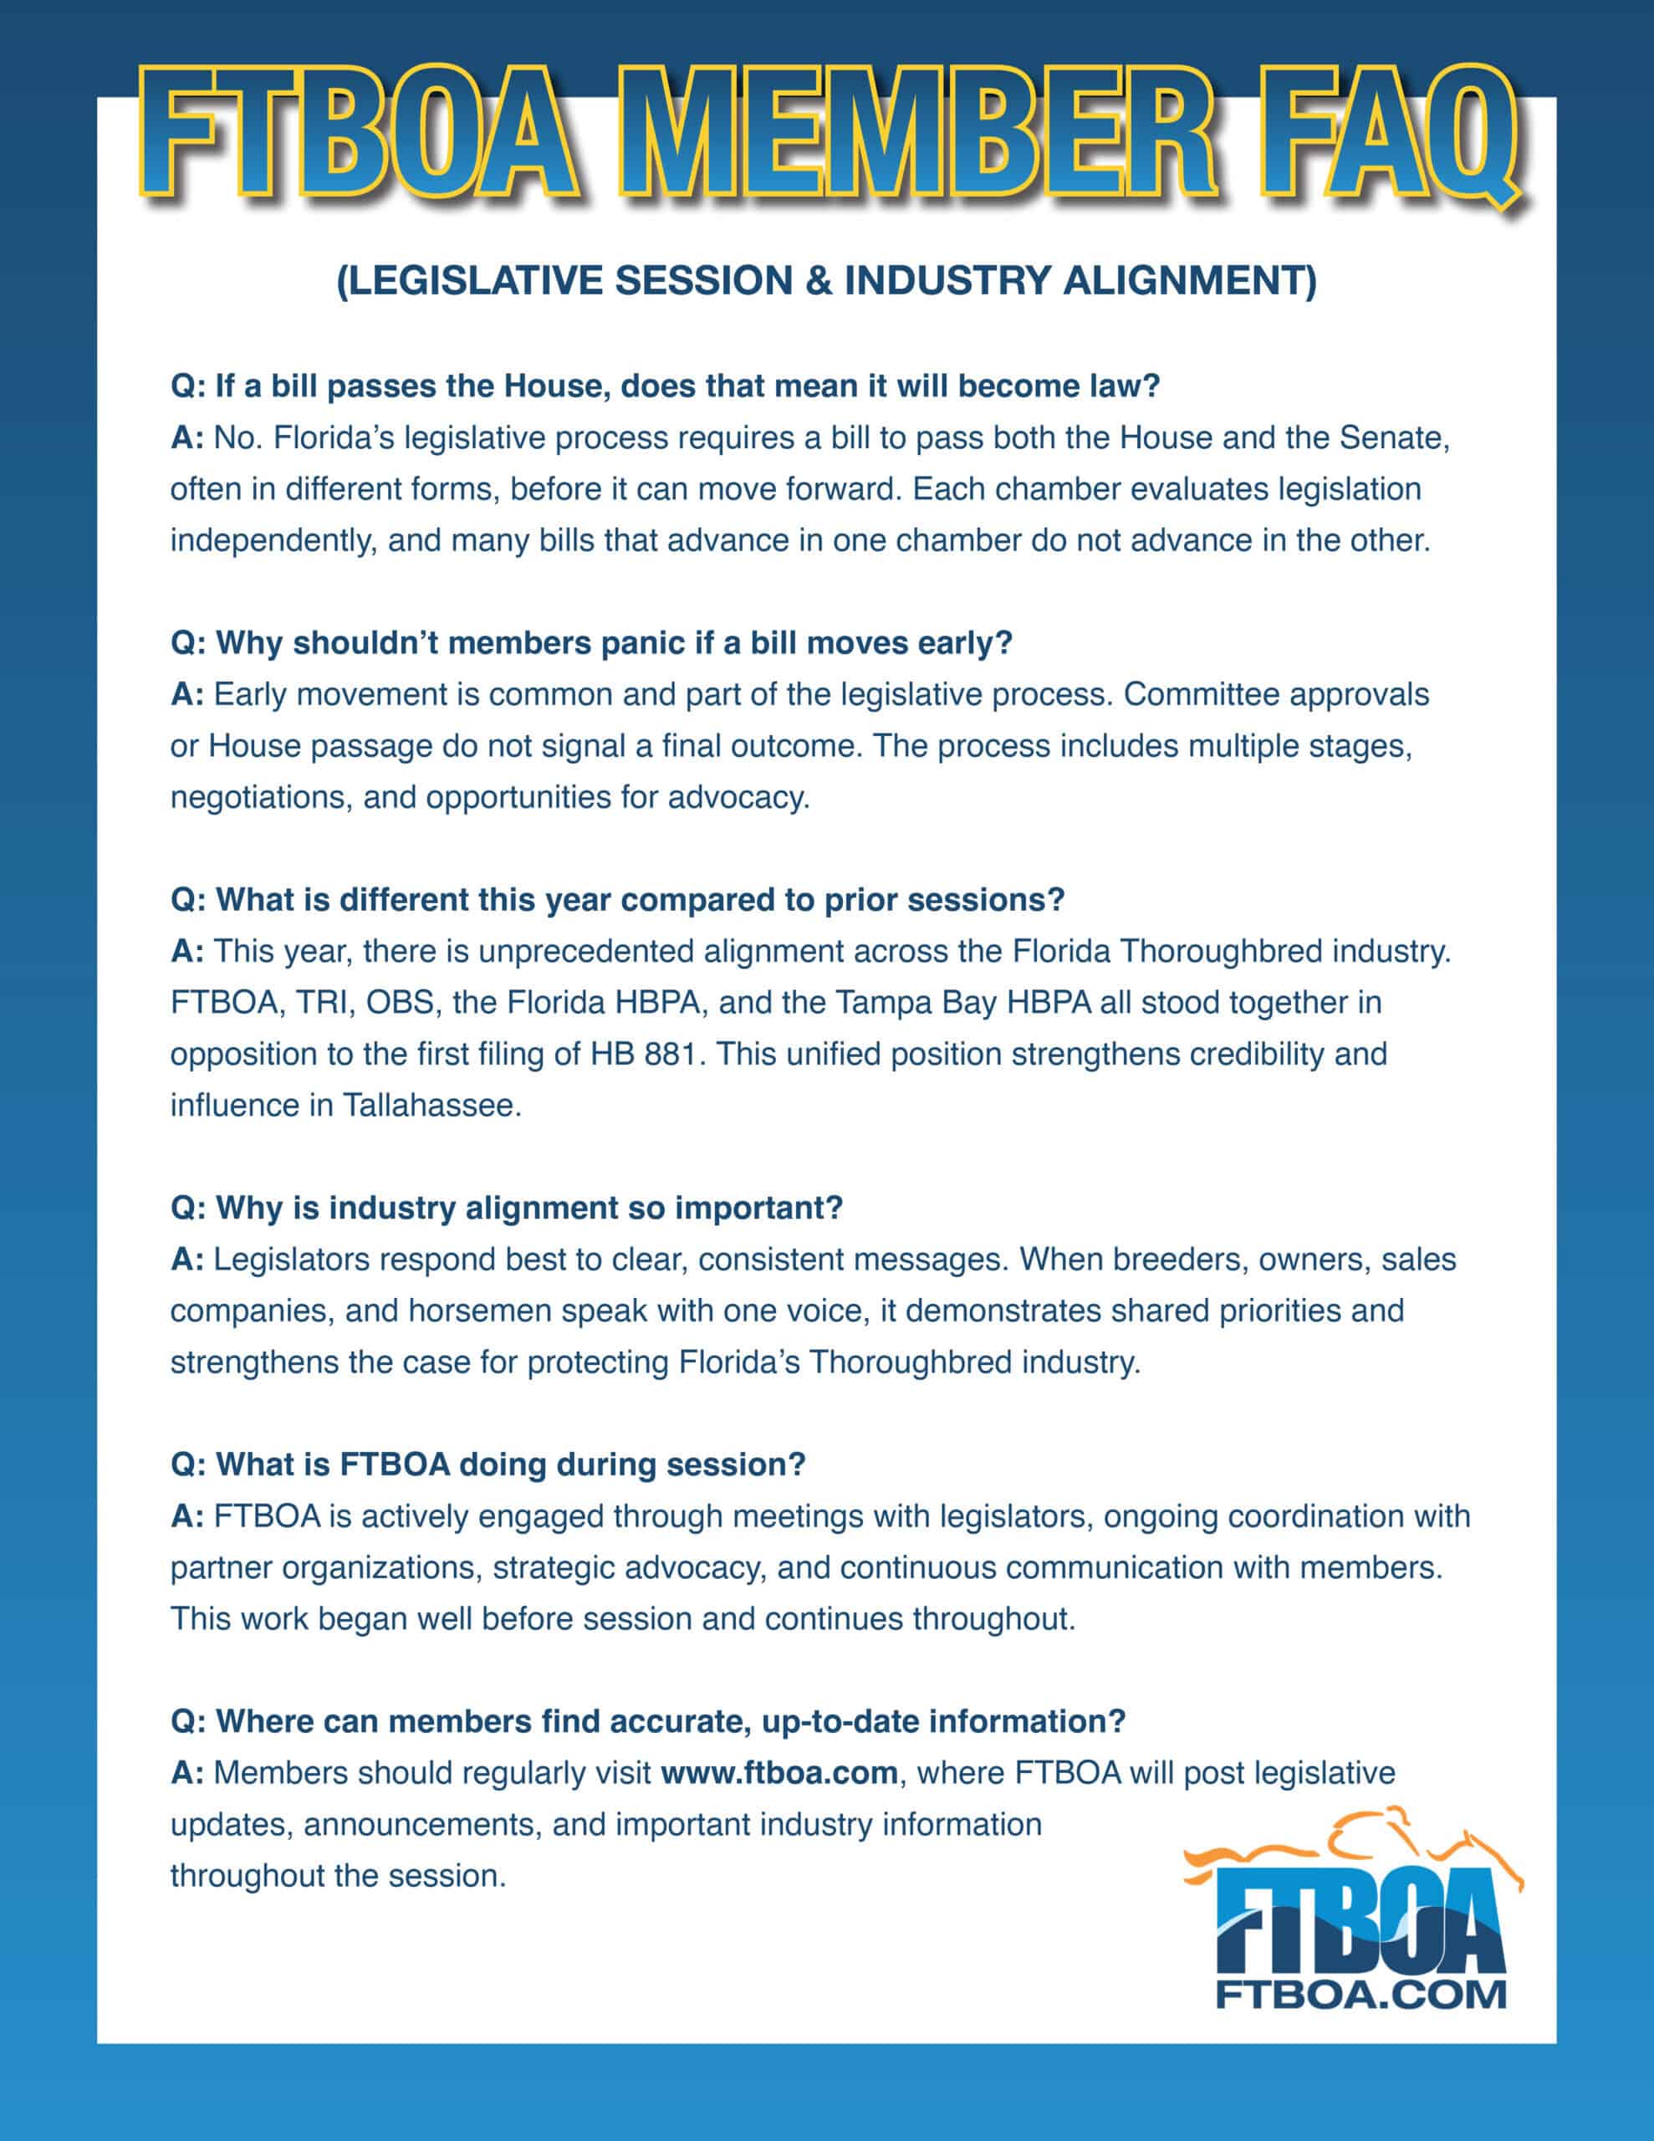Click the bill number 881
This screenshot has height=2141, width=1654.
tap(675, 1054)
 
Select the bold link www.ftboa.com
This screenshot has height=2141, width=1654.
tap(779, 1773)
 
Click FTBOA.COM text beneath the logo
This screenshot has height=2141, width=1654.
tap(1360, 1995)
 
